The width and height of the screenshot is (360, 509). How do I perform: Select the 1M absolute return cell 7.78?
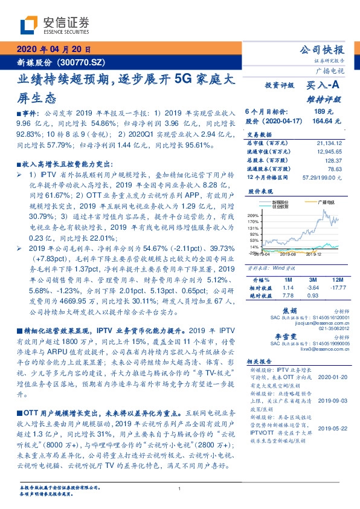(287, 296)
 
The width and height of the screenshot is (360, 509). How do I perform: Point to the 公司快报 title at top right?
(321, 50)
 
